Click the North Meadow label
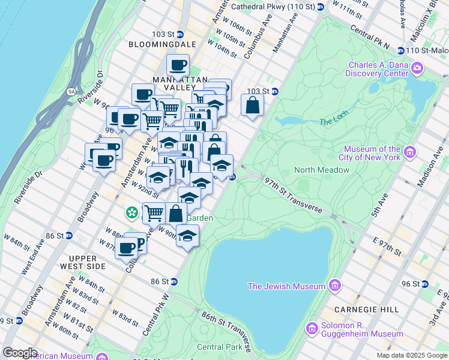(321, 170)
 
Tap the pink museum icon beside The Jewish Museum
(335, 285)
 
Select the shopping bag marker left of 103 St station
(253, 105)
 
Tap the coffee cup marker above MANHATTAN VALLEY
(177, 64)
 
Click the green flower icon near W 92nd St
(130, 212)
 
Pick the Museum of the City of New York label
(372, 153)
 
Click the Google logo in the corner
(20, 353)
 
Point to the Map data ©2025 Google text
(411, 355)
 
